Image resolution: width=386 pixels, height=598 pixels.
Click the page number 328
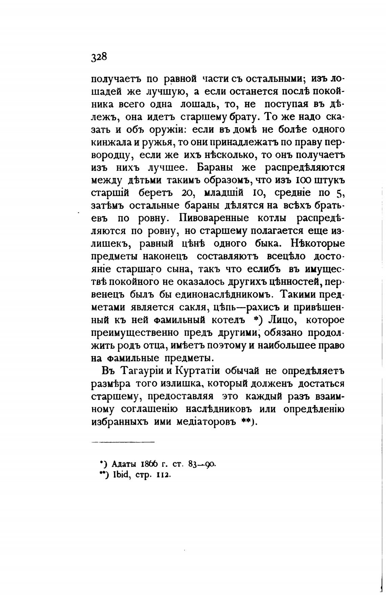tap(99, 56)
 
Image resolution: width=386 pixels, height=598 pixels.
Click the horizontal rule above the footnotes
tap(123, 442)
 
